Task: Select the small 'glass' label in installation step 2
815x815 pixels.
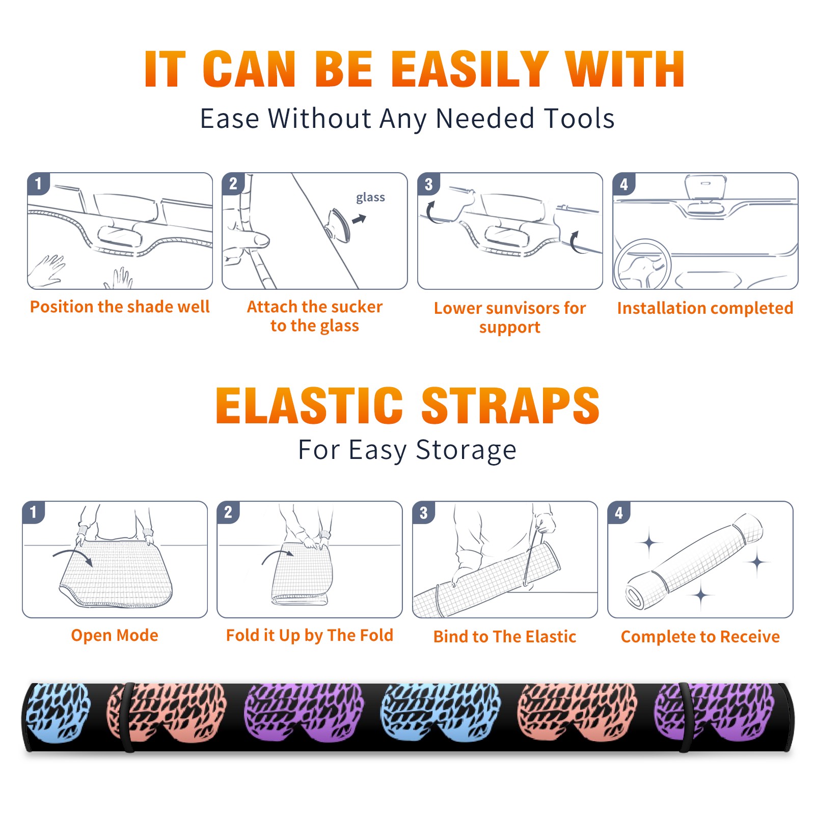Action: [370, 198]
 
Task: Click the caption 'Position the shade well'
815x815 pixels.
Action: [120, 307]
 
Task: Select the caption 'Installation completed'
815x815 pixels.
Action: [705, 308]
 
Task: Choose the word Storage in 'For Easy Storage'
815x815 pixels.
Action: [466, 450]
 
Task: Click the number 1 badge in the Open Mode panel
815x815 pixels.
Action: [34, 512]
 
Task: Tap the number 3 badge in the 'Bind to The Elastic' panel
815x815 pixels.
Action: [423, 513]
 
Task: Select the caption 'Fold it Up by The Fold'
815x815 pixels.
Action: [310, 635]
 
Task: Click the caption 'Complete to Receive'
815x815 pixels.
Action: [700, 637]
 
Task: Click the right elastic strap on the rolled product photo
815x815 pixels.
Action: [685, 717]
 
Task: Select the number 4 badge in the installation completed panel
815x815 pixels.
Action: [624, 184]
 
